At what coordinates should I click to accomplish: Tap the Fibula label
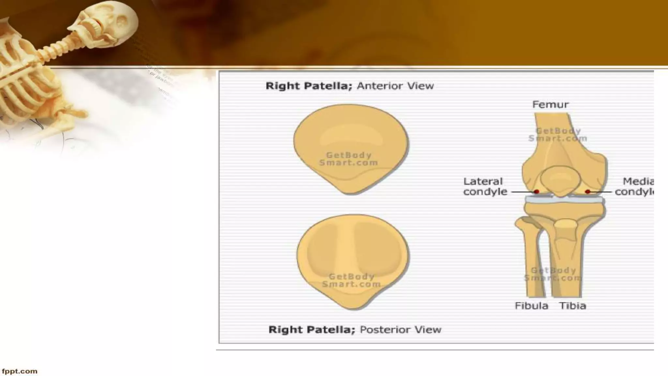point(531,306)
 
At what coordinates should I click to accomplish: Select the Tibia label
point(573,306)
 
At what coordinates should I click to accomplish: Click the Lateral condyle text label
point(485,186)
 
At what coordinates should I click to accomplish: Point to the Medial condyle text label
point(634,186)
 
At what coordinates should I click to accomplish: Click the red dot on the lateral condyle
point(536,192)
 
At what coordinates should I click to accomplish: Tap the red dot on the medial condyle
point(588,192)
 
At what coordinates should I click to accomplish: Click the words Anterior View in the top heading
point(395,86)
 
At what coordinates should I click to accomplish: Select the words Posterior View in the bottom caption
point(401,330)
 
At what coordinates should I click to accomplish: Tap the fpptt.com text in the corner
point(20,371)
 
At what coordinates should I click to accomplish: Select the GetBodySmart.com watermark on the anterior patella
point(348,159)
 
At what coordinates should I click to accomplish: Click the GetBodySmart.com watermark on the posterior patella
point(351,280)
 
